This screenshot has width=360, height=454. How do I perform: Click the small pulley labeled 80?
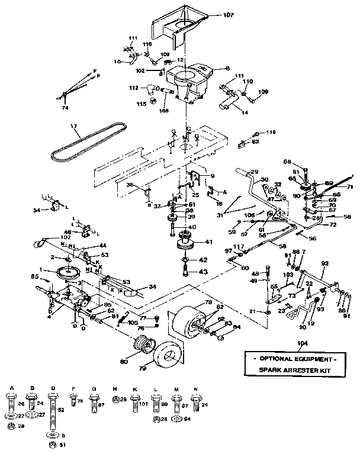coord(143,344)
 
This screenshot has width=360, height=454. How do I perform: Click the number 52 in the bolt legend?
coord(61,409)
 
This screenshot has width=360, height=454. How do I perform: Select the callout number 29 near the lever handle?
coord(255,171)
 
